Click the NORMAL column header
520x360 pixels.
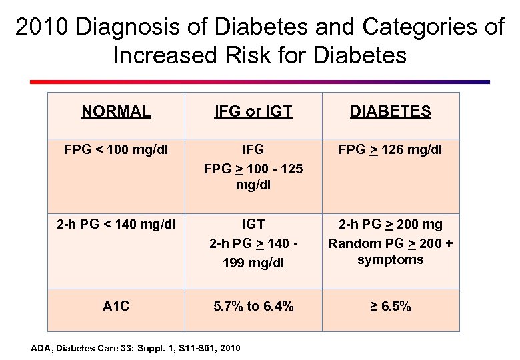point(116,111)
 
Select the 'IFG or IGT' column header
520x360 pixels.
point(253,111)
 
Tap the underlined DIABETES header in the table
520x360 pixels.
point(391,111)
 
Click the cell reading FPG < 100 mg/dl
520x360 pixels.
point(116,149)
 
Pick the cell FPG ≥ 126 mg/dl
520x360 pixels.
point(391,149)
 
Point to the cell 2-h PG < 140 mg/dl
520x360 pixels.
point(116,224)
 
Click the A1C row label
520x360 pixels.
point(116,307)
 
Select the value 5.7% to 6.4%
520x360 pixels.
point(253,307)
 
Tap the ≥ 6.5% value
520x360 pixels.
point(391,307)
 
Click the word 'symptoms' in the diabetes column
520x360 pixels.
point(391,259)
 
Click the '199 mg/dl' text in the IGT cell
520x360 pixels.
point(253,262)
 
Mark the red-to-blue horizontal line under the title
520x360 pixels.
point(260,82)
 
